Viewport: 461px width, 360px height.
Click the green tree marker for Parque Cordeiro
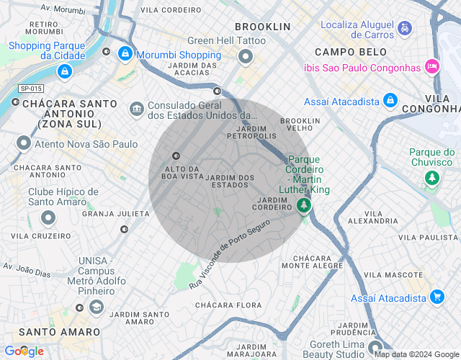(x=304, y=206)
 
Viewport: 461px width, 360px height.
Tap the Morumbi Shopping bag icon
(x=125, y=53)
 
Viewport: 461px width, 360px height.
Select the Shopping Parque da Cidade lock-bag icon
(x=65, y=71)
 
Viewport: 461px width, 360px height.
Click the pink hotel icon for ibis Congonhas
(x=431, y=66)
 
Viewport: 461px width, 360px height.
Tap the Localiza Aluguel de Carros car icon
(x=406, y=29)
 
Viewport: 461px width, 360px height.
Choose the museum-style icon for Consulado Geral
(x=136, y=109)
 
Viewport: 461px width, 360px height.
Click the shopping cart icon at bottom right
(x=437, y=296)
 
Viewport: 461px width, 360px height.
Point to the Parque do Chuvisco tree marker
(x=431, y=177)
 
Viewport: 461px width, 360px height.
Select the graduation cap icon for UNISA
(x=96, y=307)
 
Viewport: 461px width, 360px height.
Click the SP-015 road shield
(x=31, y=88)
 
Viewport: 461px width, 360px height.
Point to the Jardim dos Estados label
(x=230, y=181)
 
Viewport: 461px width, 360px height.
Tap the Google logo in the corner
(x=23, y=351)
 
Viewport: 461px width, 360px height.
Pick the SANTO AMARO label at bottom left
(x=59, y=332)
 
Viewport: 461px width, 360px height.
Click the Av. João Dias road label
(x=27, y=270)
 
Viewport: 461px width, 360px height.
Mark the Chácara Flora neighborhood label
(x=229, y=305)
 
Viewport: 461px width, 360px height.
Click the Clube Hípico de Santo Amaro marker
(x=48, y=217)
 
